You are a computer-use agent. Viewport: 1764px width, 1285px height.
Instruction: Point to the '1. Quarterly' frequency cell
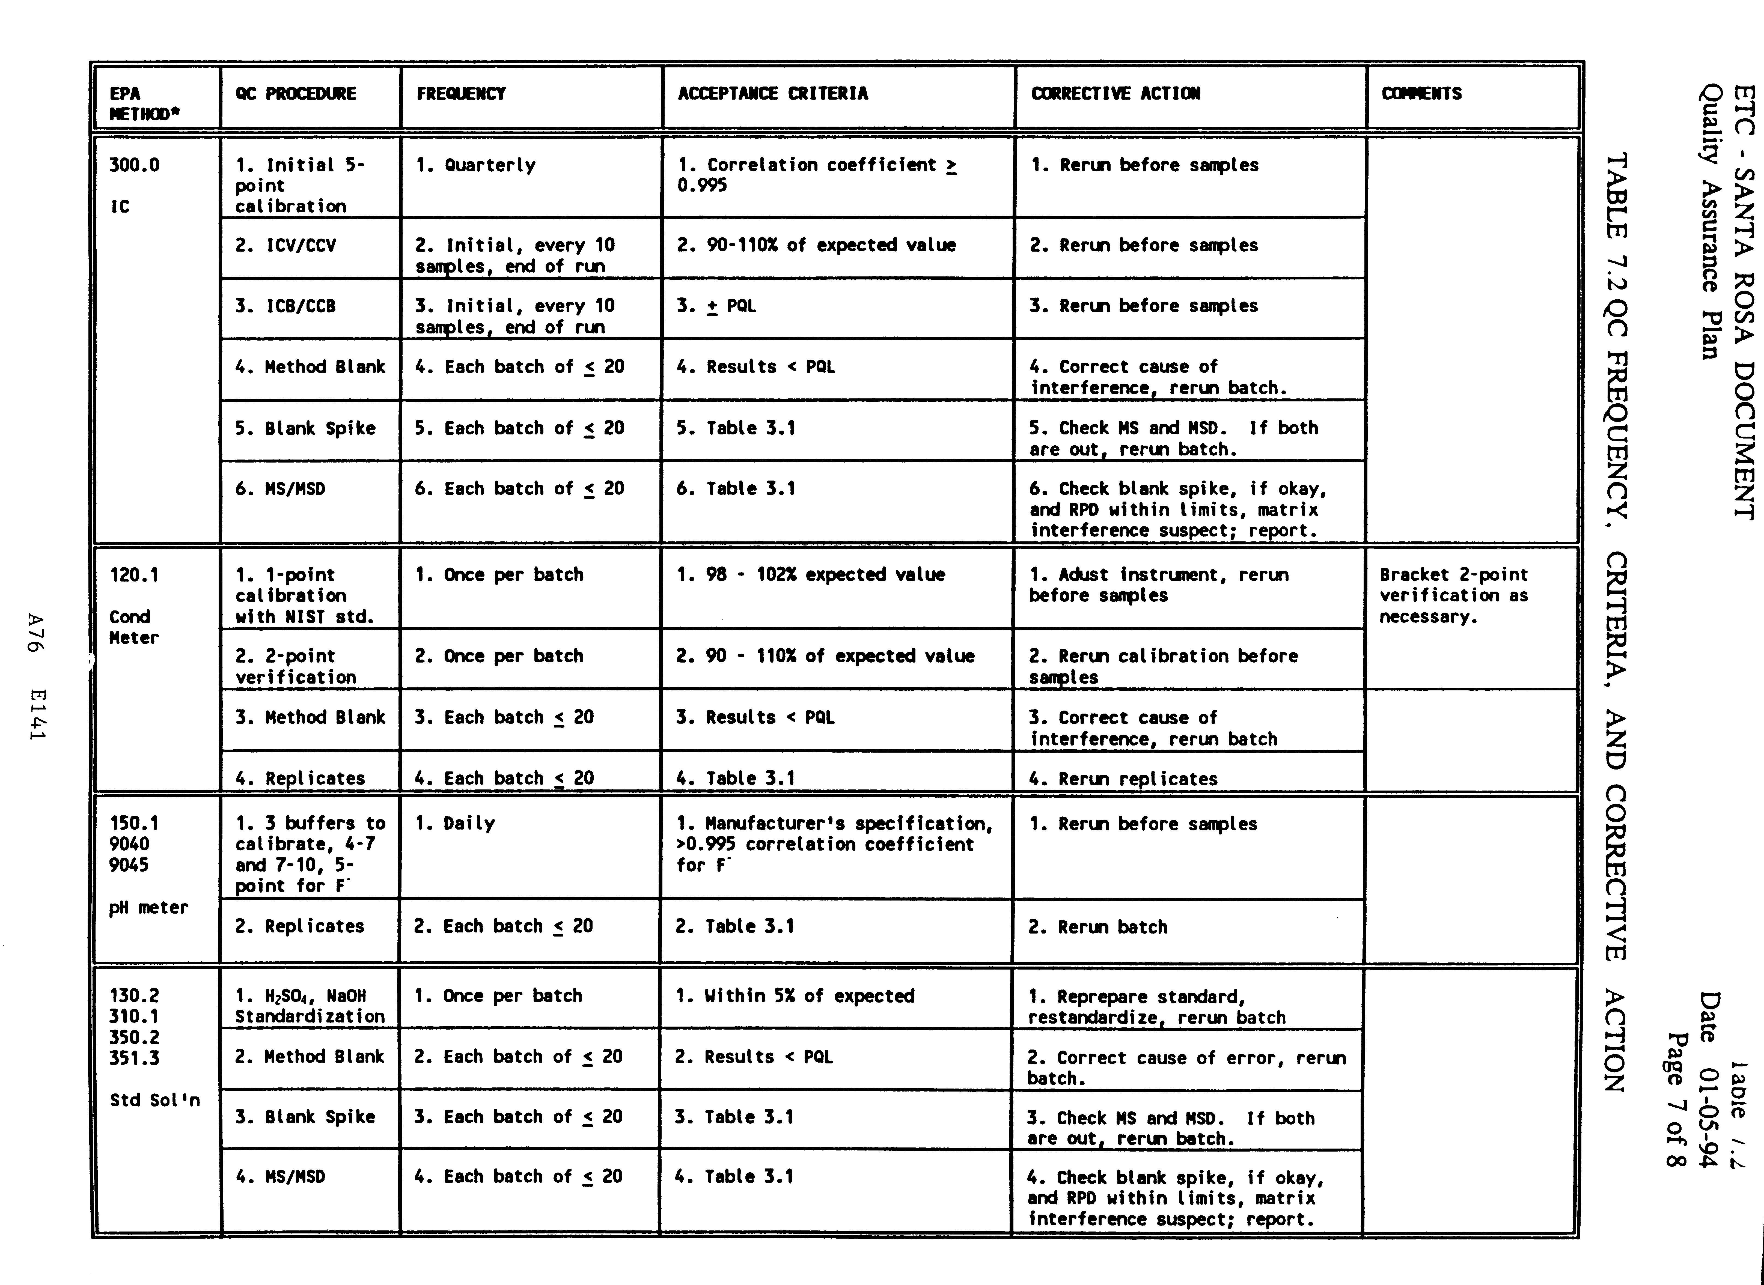475,165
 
